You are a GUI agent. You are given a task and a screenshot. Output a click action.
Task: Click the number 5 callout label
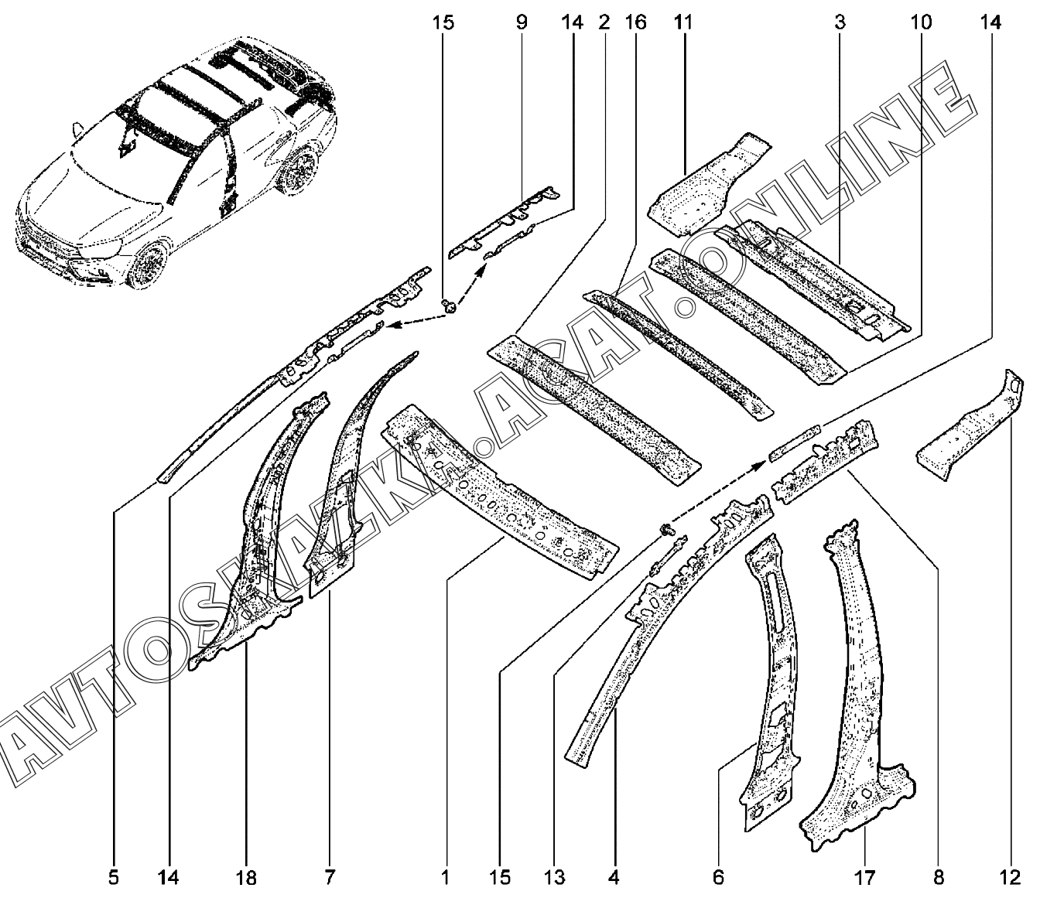(x=114, y=877)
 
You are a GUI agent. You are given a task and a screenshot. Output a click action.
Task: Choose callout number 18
(x=247, y=877)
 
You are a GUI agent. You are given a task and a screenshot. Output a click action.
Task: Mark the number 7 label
(x=330, y=877)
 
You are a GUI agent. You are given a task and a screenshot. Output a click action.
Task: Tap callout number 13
(x=555, y=877)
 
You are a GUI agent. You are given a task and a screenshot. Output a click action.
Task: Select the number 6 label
(x=717, y=877)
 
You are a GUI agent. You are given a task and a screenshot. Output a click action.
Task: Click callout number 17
(x=864, y=877)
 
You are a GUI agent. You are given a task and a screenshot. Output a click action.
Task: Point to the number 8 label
(x=939, y=877)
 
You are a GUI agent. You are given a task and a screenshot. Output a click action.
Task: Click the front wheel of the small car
(x=149, y=265)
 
